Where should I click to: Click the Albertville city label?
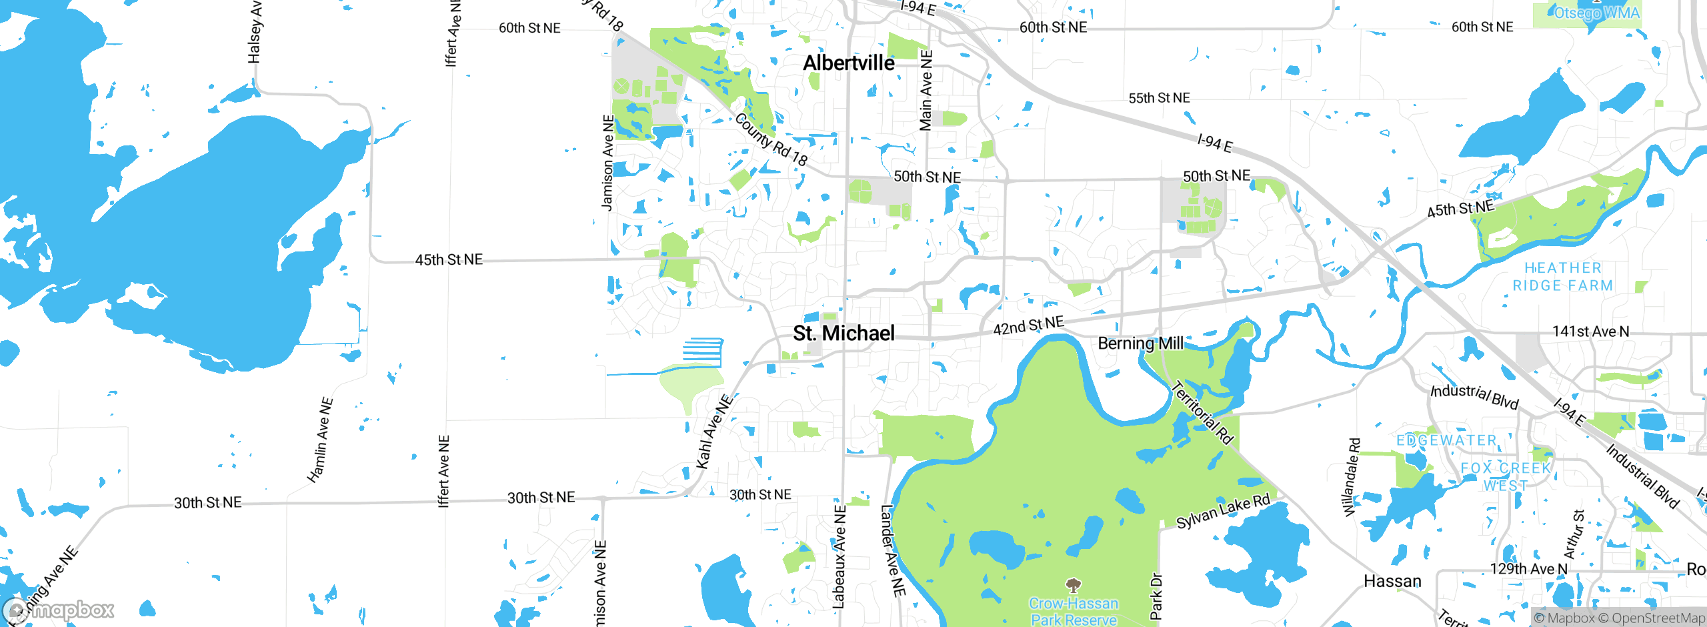[848, 63]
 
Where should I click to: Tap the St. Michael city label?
[843, 334]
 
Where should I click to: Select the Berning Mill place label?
[1140, 344]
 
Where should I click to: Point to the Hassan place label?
[1392, 582]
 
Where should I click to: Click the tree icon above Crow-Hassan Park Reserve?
[1073, 586]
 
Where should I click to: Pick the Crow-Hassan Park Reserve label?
[1073, 612]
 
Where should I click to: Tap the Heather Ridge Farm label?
[1562, 277]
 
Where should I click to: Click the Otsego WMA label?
[1596, 13]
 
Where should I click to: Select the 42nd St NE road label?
[1028, 326]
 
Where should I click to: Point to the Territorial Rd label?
[1202, 412]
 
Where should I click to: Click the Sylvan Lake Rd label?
[1223, 512]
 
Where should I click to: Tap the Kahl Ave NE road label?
[713, 432]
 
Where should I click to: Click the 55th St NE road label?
[1159, 98]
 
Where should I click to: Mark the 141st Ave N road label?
[1590, 332]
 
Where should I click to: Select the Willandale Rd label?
[1351, 477]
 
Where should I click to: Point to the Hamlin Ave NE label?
[320, 440]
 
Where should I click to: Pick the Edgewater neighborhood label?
[1446, 441]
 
